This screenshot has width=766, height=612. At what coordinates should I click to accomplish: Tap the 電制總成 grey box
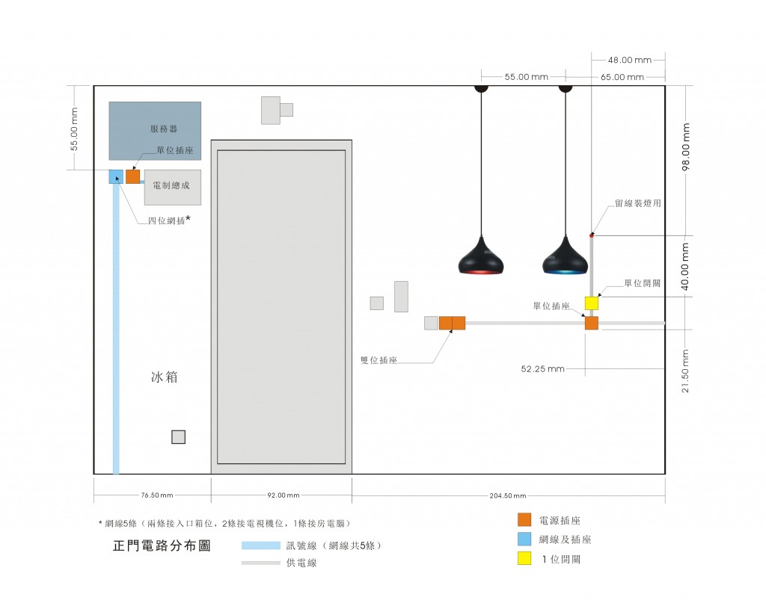click(x=172, y=187)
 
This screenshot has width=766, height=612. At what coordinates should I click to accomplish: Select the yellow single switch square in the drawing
click(x=591, y=303)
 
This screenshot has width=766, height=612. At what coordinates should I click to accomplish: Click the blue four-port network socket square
click(x=116, y=176)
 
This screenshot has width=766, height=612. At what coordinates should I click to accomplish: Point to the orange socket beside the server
click(x=132, y=176)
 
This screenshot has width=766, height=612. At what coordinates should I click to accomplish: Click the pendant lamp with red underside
click(x=481, y=258)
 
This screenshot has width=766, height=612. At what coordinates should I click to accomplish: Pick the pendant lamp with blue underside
click(x=565, y=258)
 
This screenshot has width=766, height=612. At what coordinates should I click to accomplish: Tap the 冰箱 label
click(x=165, y=377)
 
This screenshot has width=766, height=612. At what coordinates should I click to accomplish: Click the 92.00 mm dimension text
click(x=284, y=495)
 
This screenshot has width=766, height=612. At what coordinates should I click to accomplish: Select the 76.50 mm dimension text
click(x=152, y=495)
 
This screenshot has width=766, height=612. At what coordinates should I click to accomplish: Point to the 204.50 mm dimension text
click(x=508, y=495)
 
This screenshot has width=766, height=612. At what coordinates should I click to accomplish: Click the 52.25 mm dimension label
click(x=542, y=368)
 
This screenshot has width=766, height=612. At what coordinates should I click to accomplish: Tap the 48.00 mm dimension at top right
click(x=629, y=60)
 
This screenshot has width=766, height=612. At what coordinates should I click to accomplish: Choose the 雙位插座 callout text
click(x=379, y=359)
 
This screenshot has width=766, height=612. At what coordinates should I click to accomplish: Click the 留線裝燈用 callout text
click(x=637, y=203)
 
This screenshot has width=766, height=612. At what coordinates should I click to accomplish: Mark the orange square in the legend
click(x=524, y=519)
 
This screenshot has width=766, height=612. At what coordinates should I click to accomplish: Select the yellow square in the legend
click(x=524, y=558)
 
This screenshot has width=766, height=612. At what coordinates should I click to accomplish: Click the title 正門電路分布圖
click(x=162, y=545)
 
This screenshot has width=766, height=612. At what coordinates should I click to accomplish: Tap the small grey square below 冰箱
click(x=178, y=437)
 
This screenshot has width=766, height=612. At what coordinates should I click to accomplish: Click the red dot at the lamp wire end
click(x=592, y=235)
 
